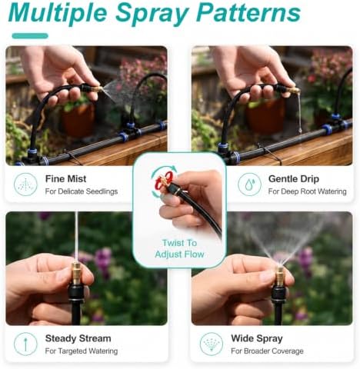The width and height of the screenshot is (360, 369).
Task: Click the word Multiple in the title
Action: (58, 13)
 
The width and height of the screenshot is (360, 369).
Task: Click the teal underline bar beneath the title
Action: (30, 36)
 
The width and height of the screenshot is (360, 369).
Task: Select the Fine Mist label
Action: (65, 178)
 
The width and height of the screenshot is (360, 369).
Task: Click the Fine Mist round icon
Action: (25, 184)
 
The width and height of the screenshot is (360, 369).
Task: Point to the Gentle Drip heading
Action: (294, 178)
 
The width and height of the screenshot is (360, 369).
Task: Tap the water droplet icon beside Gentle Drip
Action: (249, 184)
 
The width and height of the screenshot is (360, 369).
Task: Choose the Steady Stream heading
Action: (78, 338)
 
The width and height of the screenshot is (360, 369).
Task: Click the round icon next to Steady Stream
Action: (25, 344)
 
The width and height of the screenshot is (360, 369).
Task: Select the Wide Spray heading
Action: (257, 338)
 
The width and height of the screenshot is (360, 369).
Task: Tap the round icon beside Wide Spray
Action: (212, 344)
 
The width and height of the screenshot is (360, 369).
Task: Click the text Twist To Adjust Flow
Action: (179, 248)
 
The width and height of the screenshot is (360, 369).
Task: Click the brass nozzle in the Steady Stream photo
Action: (75, 273)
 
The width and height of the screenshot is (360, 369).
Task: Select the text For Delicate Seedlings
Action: (82, 191)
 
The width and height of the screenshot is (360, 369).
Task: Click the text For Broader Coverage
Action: (267, 351)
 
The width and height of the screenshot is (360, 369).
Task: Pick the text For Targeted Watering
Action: (82, 351)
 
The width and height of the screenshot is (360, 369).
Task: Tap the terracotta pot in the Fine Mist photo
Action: (78, 120)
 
